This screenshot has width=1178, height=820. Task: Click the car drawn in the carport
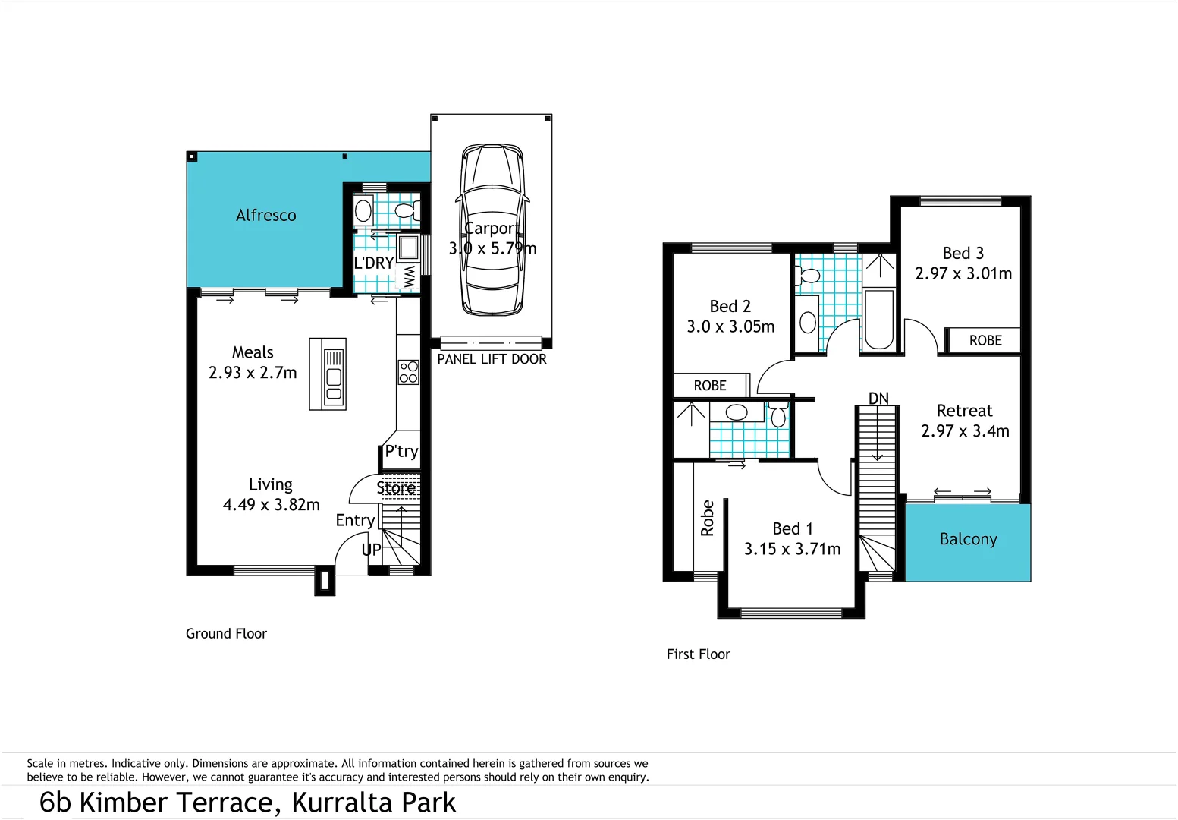492,229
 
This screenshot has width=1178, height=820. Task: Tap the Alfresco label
265,216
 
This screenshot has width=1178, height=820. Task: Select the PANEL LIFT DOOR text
492,359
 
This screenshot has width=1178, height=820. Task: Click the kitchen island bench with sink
328,374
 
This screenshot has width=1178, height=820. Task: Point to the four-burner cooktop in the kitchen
408,372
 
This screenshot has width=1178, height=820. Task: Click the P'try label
401,452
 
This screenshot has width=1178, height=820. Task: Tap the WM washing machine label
410,276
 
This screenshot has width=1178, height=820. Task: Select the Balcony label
968,539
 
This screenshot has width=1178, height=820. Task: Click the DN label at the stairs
878,399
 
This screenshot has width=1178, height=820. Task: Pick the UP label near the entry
371,550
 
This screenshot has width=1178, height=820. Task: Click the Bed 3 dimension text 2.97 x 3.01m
963,274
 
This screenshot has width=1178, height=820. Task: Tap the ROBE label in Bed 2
710,386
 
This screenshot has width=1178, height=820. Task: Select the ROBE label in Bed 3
985,341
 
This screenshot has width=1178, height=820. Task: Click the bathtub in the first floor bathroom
879,320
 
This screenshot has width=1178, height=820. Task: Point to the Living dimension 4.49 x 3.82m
271,505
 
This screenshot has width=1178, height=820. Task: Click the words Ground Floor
226,634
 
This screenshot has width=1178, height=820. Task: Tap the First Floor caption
698,654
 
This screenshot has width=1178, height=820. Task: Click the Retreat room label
964,411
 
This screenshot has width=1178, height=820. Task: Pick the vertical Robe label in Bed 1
707,518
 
